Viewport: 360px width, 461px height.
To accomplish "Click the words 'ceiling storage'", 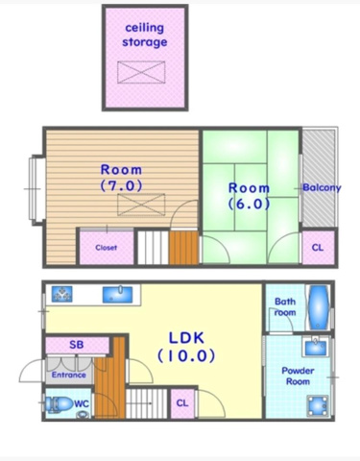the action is pos(145,35).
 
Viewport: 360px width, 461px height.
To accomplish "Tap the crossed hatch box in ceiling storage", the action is pos(141,72).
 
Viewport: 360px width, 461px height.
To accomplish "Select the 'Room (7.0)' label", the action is pos(121,178).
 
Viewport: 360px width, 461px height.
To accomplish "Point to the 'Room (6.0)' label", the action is pos(249,196).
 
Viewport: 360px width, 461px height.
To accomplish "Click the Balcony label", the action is pos(322,187).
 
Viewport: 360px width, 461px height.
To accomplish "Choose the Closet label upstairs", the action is pos(107,248).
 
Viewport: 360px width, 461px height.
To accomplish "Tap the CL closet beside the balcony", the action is pos(318,248).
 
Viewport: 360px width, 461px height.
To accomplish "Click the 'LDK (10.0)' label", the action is pos(186,347).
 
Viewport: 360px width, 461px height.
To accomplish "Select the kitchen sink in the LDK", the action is pos(117,294).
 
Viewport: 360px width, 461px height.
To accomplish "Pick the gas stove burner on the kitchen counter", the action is pos(61,294).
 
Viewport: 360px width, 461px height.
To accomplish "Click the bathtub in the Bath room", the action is pos(319,307).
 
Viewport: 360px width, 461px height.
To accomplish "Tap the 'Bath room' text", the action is pos(285,306).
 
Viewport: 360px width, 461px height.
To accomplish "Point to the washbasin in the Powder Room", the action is pos(316,347).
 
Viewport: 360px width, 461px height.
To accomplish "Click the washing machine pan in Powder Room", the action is pos(318,405).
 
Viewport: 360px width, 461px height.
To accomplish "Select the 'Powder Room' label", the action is pos(298,376).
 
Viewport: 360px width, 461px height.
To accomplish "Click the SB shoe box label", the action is pos(77,345).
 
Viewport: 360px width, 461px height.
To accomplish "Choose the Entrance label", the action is pos(69,375).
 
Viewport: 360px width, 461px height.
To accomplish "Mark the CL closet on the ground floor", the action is pos(182,403).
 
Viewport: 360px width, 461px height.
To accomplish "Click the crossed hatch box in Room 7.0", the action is pos(141,205).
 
